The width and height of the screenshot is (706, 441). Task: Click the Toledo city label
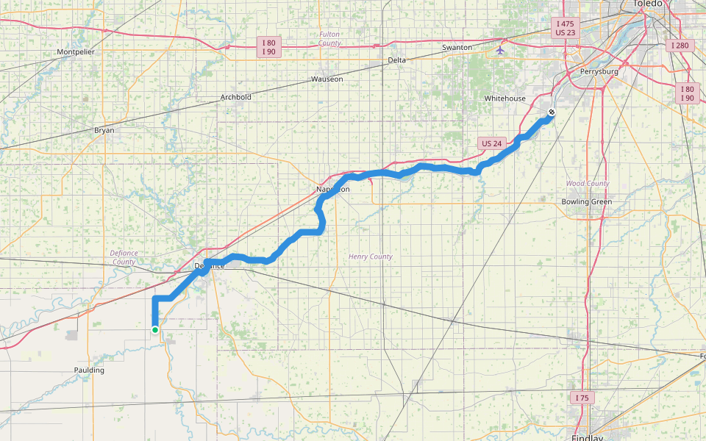[x=647, y=4]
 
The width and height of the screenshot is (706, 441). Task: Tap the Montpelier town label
[x=76, y=52]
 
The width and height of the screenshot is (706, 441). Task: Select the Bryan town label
[x=104, y=130]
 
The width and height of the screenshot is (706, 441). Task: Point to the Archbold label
[x=236, y=97]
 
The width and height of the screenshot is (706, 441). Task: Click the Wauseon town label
[x=327, y=79]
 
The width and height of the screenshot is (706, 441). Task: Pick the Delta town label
[x=396, y=60]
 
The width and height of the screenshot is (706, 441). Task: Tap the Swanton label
[x=457, y=48]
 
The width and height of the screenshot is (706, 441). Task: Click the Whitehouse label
[x=505, y=98]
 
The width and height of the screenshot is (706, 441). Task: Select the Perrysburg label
[x=599, y=72]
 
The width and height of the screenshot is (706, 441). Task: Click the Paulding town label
[x=89, y=370]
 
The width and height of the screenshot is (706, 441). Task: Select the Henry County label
[x=371, y=257]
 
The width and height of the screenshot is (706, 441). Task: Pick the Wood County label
[x=588, y=183]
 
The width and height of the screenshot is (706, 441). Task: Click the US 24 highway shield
[x=491, y=143]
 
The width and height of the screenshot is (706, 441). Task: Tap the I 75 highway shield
[x=582, y=398]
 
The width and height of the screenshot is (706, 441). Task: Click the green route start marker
[x=155, y=330]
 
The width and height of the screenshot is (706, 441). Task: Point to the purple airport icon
[x=501, y=51]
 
